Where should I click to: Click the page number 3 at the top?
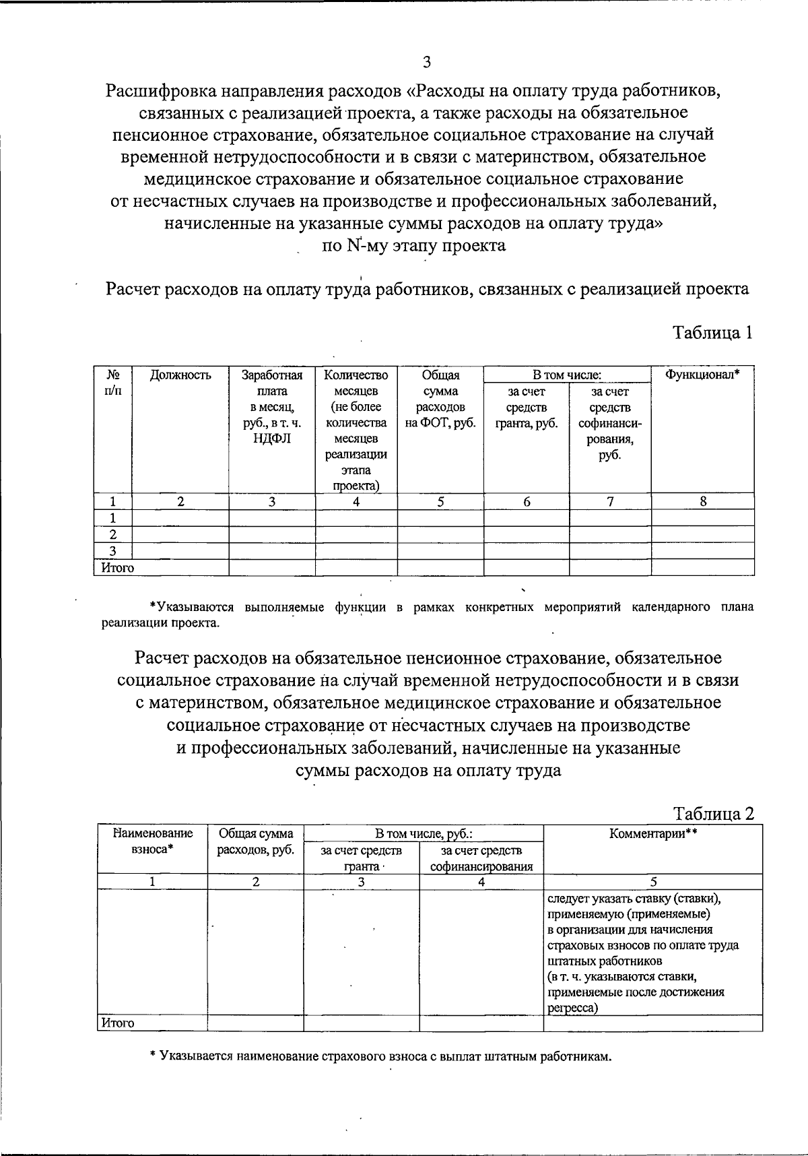[x=426, y=63]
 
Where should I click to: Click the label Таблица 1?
[x=712, y=333]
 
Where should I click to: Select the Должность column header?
[x=180, y=375]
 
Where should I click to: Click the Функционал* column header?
[x=702, y=375]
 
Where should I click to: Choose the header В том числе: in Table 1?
[x=567, y=375]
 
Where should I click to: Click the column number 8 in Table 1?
[x=702, y=501]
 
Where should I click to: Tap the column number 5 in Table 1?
[x=440, y=501]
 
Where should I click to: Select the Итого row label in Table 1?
[x=118, y=568]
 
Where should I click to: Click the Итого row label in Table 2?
[x=118, y=1023]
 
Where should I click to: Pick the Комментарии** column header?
[x=652, y=833]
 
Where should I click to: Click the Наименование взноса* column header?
[x=153, y=841]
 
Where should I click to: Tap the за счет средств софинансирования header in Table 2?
[x=481, y=858]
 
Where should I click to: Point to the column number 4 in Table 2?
[x=481, y=882]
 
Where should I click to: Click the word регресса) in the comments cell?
[x=573, y=1008]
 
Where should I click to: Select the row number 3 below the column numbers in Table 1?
[x=112, y=551]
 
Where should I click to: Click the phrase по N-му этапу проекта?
[x=414, y=245]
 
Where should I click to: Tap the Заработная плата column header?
[x=271, y=408]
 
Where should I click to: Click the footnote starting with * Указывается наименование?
[x=380, y=1056]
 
